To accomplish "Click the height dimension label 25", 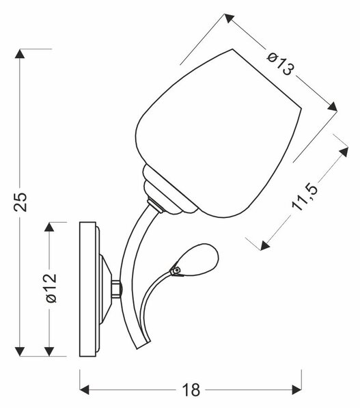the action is click(20, 202).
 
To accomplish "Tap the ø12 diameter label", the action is click(51, 288).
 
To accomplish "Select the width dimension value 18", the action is click(191, 390).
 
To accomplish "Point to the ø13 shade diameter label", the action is click(281, 64).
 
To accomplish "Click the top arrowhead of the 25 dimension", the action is click(20, 53).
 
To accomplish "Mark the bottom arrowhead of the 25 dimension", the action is click(20, 351).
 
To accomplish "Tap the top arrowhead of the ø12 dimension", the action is click(49, 227).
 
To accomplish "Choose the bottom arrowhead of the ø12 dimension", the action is click(49, 351).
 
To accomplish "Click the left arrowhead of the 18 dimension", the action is click(84, 389).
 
